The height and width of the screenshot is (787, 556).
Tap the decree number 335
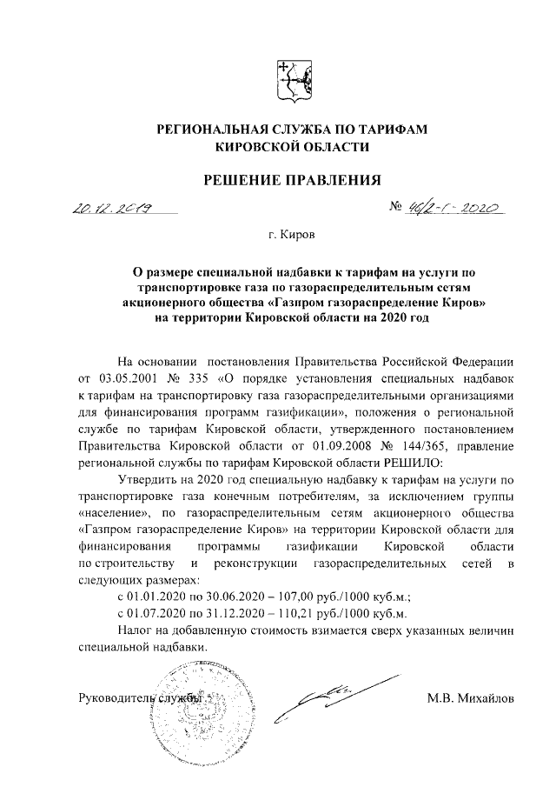[205, 379]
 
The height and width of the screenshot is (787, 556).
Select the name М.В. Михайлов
[470, 697]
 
